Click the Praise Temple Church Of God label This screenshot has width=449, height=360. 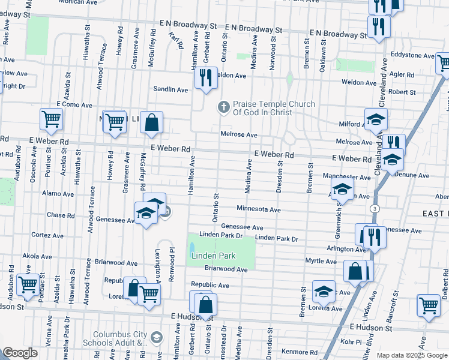point(274,108)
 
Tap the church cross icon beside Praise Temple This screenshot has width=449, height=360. point(223,107)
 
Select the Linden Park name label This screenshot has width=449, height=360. point(212,256)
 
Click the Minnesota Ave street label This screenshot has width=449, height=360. point(258,210)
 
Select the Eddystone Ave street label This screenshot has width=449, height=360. point(412,55)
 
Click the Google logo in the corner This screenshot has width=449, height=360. point(20,353)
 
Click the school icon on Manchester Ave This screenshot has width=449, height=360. point(342,190)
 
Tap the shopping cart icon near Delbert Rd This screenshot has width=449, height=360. point(429,305)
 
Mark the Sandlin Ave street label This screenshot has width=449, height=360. point(170,89)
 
